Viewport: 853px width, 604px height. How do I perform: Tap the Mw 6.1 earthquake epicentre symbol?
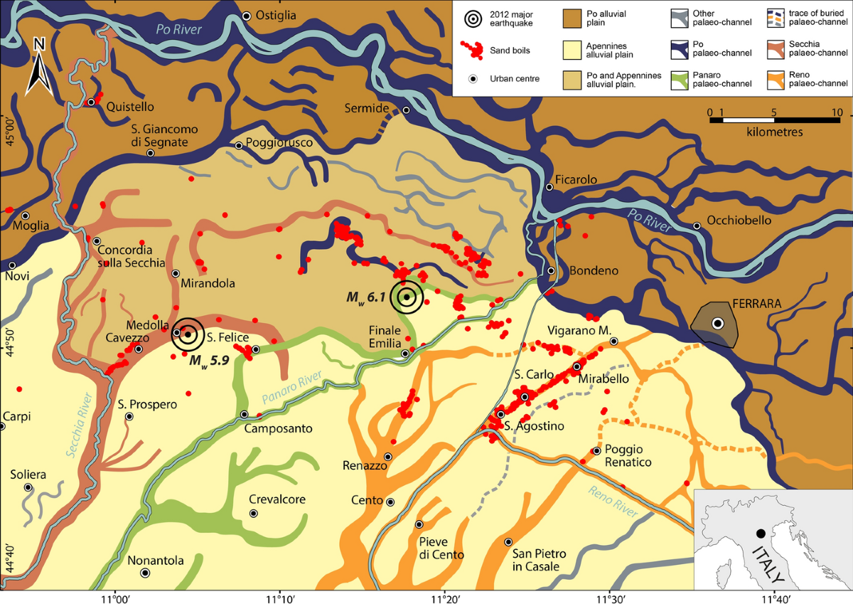[407, 297]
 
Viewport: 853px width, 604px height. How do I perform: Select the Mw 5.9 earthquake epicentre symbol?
[188, 333]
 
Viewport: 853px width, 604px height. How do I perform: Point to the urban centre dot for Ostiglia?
[247, 16]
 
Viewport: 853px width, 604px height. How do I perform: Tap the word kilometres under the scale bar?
[775, 132]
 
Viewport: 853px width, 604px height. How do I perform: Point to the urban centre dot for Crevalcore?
[254, 513]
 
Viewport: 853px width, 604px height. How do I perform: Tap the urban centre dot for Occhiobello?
[697, 226]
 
